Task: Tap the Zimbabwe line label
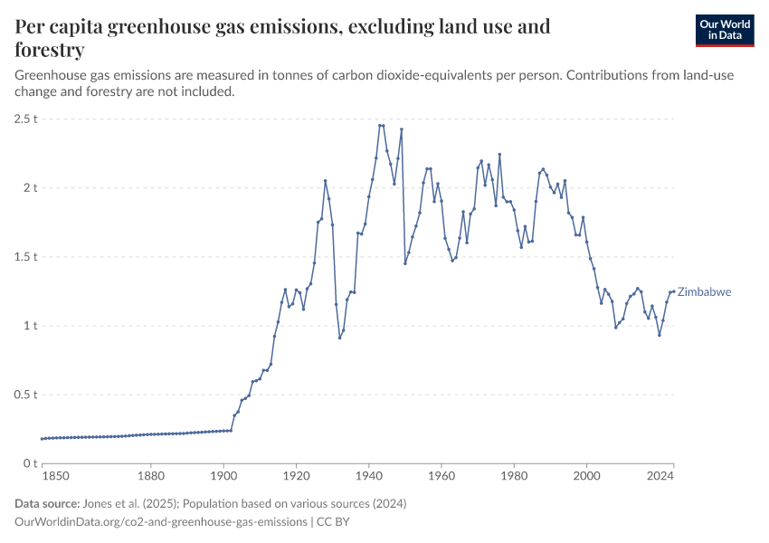[x=704, y=292]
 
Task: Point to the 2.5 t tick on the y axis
[x=25, y=119]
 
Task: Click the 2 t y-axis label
[x=29, y=188]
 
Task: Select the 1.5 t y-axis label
[x=25, y=257]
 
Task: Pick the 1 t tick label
[x=29, y=326]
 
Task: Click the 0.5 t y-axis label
[x=25, y=395]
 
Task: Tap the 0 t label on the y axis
[x=29, y=463]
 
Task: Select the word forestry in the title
[x=50, y=50]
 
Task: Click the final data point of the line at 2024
[x=674, y=291]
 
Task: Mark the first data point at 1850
[x=42, y=439]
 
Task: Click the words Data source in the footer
[x=47, y=503]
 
